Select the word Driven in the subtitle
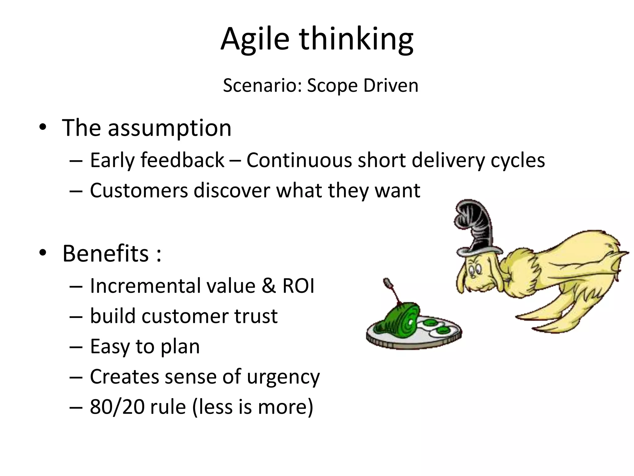[x=391, y=86]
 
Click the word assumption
[x=169, y=128]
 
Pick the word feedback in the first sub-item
[x=182, y=160]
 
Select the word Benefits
[x=106, y=253]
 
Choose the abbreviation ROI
[x=298, y=286]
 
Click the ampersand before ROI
[x=268, y=286]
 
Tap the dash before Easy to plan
[x=76, y=346]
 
